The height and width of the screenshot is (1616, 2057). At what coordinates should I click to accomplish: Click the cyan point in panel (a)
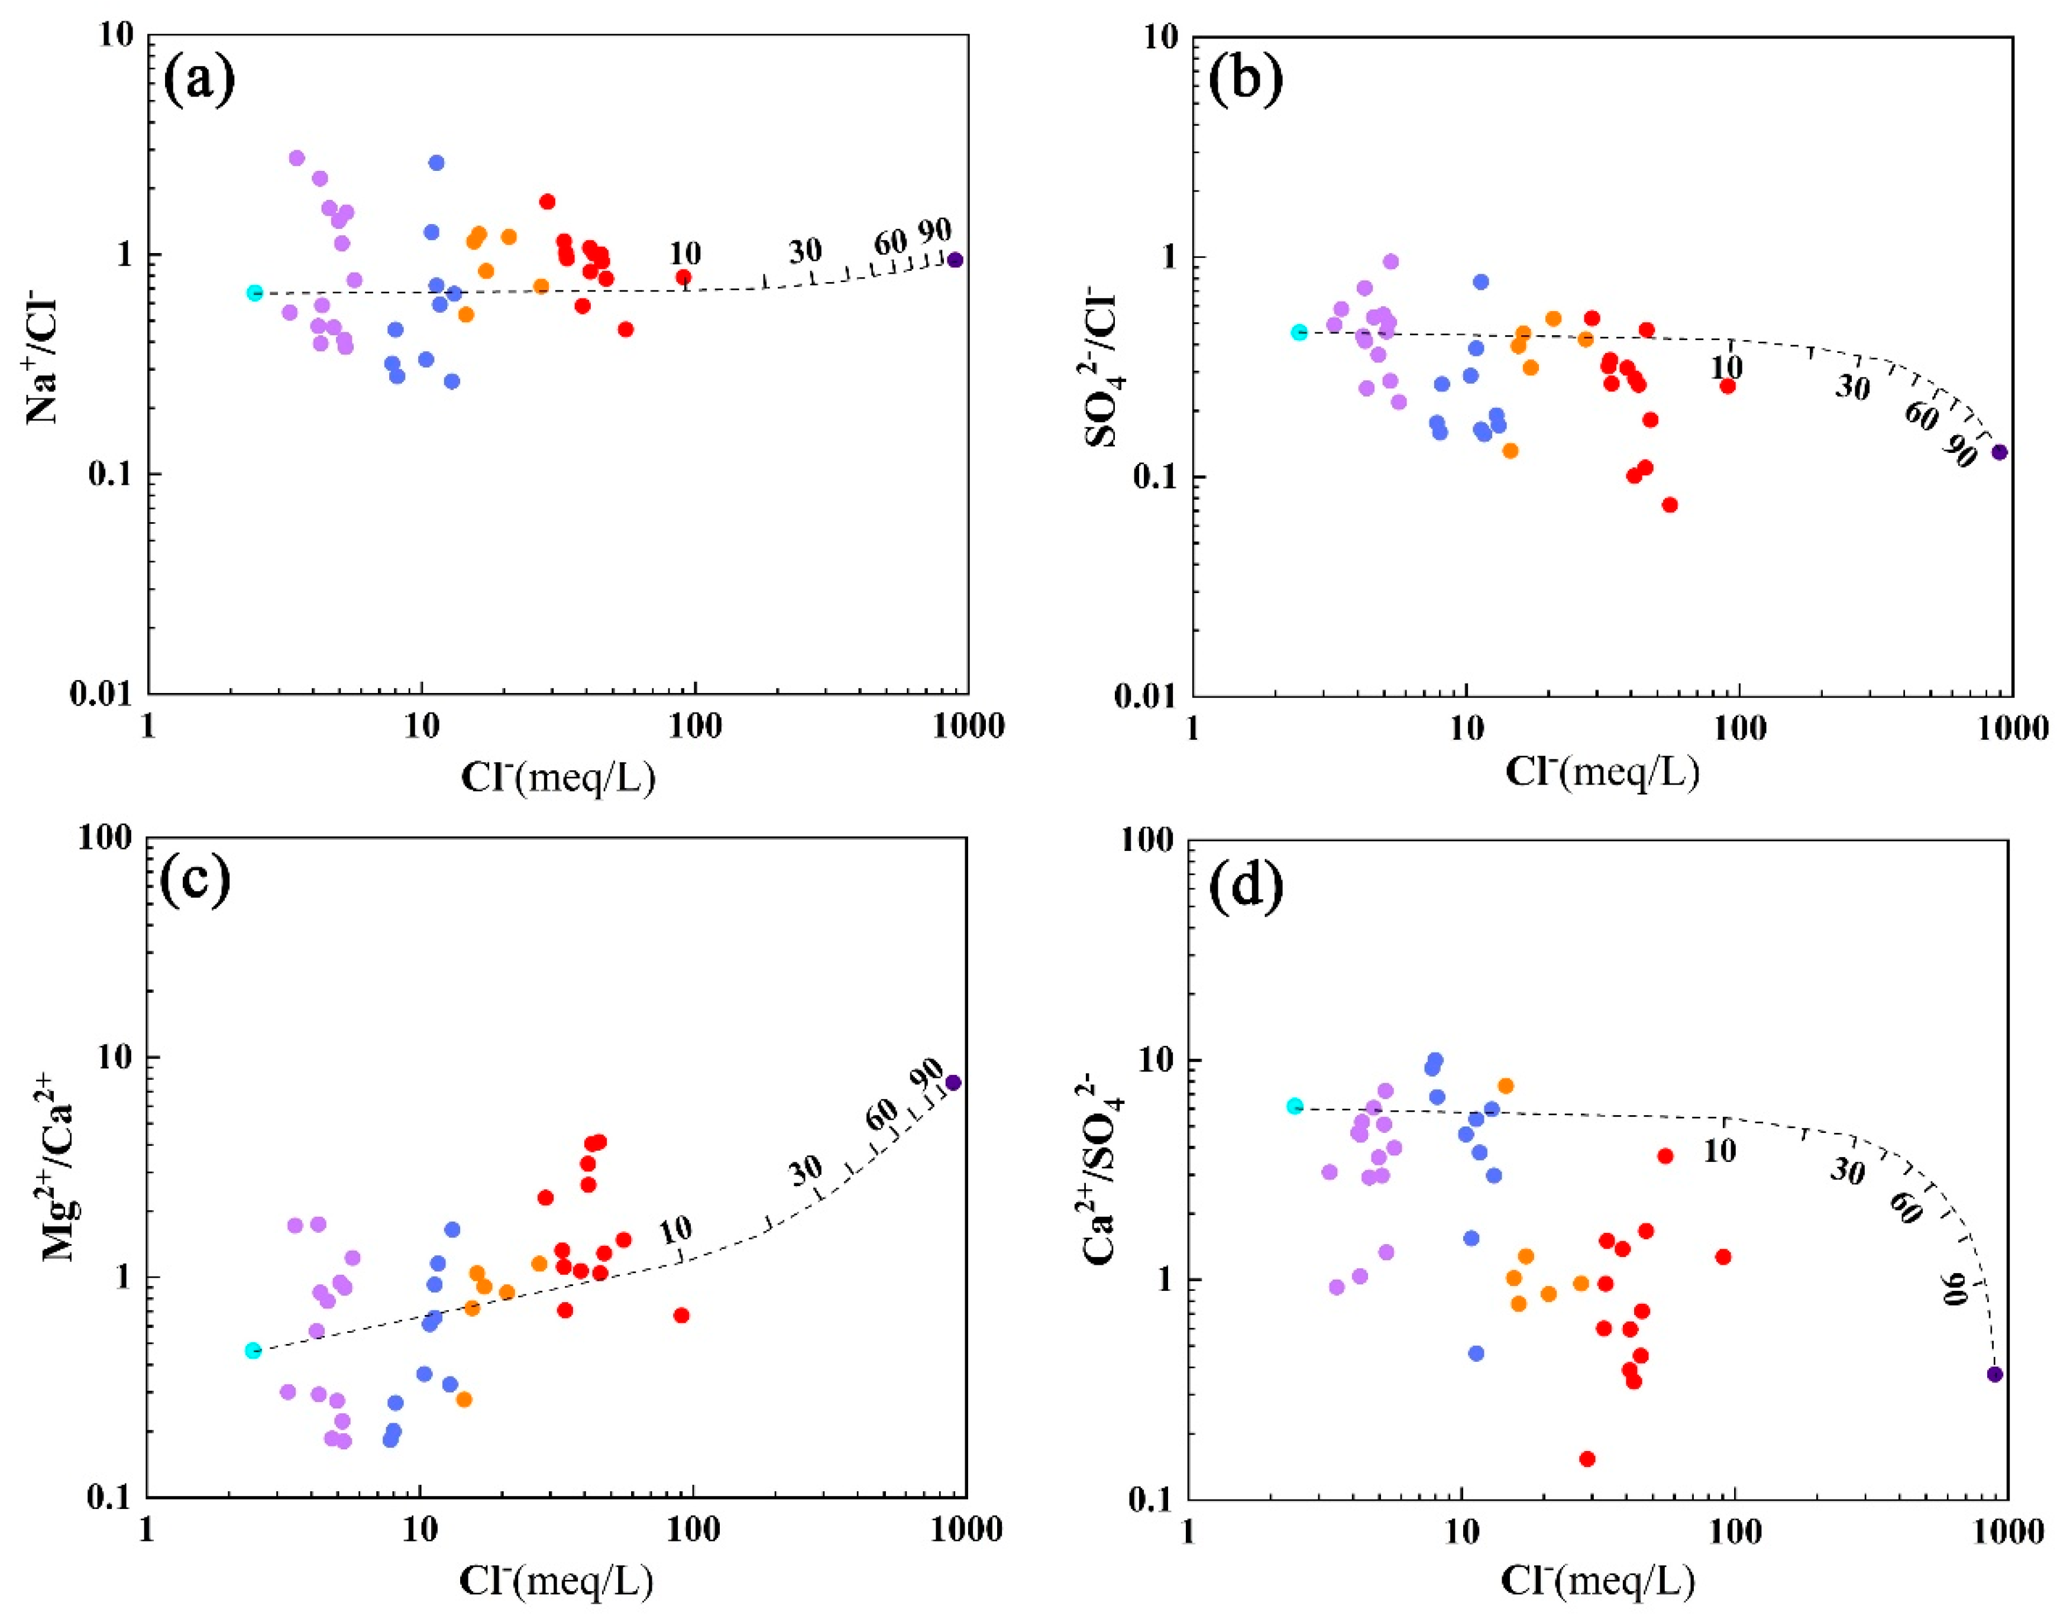(x=254, y=292)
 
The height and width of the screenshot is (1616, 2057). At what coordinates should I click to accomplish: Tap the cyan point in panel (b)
(x=1299, y=332)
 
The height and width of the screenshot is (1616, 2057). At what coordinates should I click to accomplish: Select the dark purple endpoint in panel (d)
(x=1994, y=1374)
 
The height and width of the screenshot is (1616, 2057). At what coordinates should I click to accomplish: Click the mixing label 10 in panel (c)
(x=675, y=1230)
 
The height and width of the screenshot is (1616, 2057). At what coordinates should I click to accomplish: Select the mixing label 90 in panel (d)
(x=1955, y=1288)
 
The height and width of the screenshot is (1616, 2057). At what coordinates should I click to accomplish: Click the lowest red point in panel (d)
(x=1587, y=1459)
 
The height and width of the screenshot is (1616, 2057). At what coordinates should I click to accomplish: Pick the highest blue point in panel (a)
(x=436, y=163)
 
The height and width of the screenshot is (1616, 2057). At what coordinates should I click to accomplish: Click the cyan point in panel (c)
(x=253, y=1350)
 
